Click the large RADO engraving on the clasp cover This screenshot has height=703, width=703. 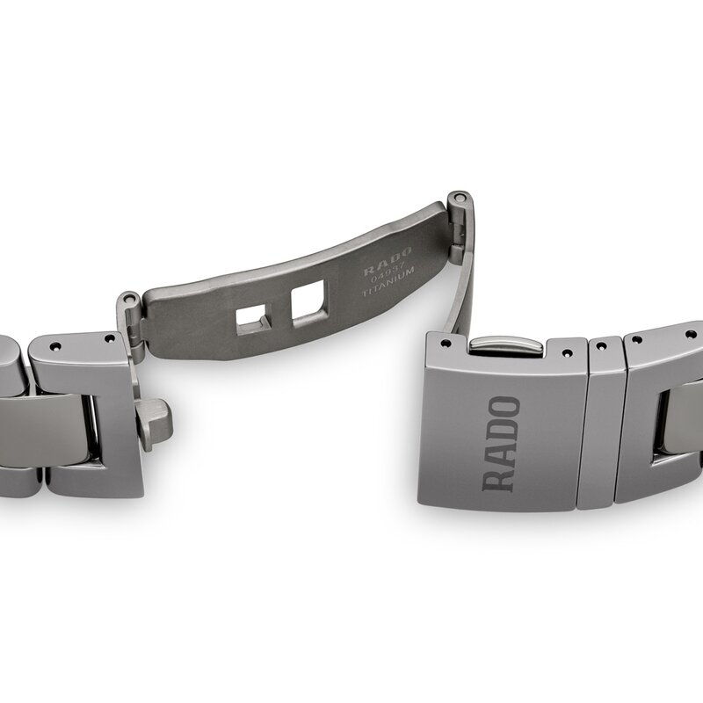[x=502, y=444]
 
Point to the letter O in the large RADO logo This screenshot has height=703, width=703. [x=503, y=409]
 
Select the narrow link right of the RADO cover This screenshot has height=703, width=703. [x=601, y=422]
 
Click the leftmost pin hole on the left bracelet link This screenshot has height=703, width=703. [x=53, y=345]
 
